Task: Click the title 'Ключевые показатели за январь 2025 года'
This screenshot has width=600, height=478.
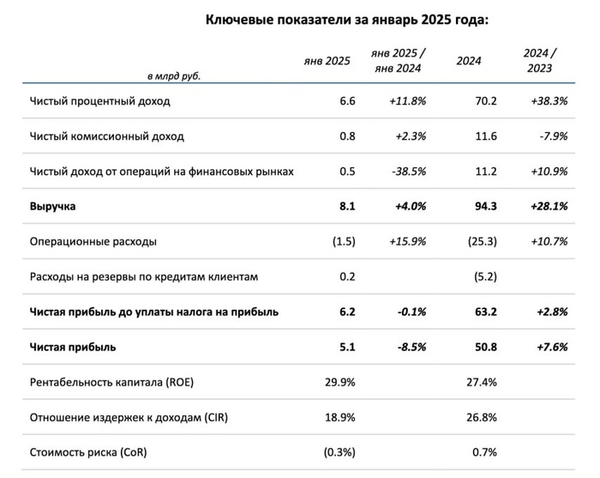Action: (346, 21)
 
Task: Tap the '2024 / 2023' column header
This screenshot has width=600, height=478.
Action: (539, 61)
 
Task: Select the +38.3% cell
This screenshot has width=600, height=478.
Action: (549, 101)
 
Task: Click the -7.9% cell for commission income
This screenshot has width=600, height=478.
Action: (555, 136)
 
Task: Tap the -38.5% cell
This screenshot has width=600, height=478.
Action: (405, 172)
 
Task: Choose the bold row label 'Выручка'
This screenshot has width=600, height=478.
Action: (53, 207)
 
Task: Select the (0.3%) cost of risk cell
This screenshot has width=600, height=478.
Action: (333, 453)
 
